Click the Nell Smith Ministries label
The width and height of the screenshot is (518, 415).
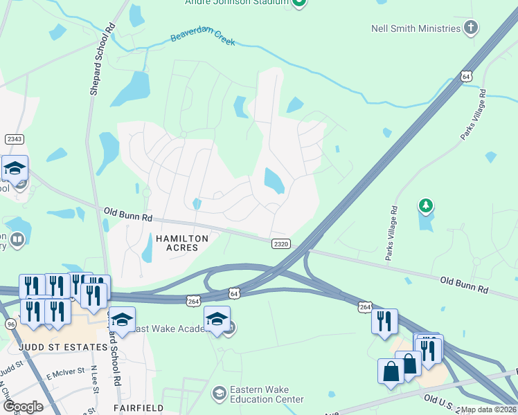[416, 28]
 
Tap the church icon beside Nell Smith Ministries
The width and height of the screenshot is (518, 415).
[471, 28]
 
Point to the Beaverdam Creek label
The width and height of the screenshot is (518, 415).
[203, 37]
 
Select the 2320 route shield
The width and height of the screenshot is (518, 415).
[280, 243]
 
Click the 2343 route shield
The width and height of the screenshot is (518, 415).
[15, 139]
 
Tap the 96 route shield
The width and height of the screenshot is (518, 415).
[10, 323]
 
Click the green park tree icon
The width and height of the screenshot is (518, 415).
[426, 205]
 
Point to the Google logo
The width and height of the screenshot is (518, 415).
[23, 407]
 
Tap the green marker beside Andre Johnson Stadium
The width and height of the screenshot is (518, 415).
[299, 3]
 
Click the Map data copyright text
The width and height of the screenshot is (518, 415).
[489, 409]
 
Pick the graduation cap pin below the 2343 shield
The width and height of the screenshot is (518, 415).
[14, 169]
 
